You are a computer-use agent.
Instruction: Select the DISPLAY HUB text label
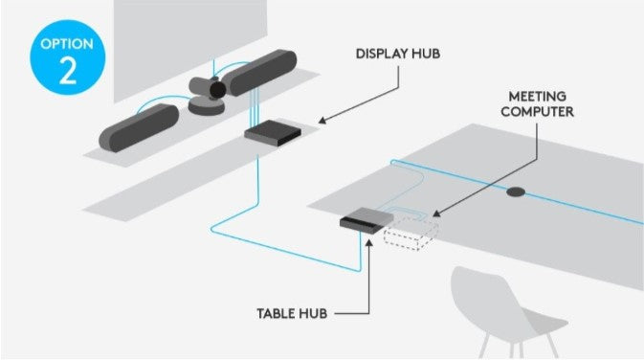tap(398, 53)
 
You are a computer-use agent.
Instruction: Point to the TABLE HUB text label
tap(293, 313)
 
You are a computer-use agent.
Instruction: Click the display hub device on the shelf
tap(273, 134)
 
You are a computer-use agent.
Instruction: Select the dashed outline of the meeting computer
tap(411, 233)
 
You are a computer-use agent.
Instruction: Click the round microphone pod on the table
tap(518, 191)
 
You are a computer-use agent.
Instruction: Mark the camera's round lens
tap(217, 90)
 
